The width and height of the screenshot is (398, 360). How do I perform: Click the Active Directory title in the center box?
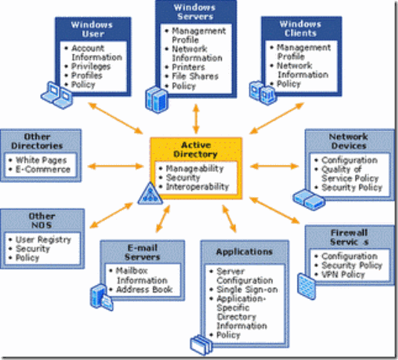(196, 150)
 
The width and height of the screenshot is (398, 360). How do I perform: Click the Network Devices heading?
(348, 141)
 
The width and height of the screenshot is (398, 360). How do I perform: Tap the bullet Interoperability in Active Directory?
(198, 187)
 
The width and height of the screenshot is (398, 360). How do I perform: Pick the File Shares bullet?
(194, 76)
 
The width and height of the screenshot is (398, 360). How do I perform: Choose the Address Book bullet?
(144, 289)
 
